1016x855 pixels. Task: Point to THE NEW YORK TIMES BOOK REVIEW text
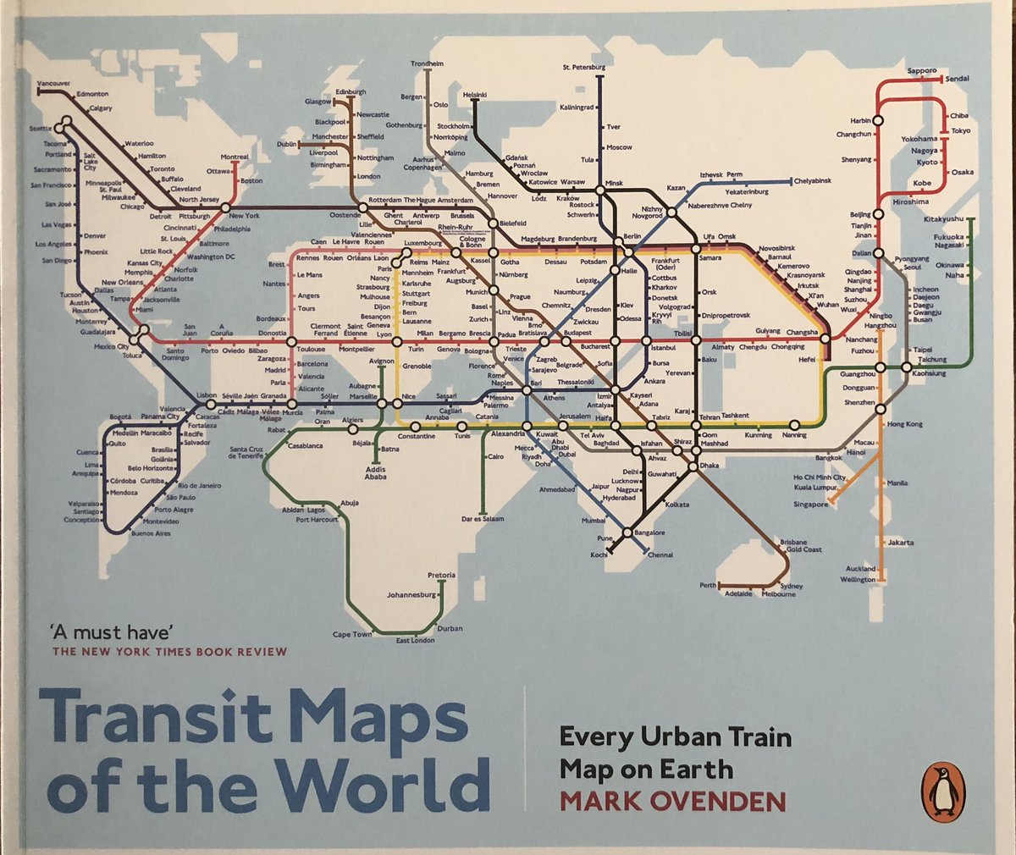point(169,652)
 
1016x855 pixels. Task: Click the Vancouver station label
point(54,83)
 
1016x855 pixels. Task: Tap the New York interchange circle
point(226,207)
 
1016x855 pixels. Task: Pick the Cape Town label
point(352,634)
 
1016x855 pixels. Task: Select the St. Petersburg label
point(584,67)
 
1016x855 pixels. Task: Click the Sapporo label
point(921,70)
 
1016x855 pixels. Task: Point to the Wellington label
point(858,580)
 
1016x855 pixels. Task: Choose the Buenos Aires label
point(151,533)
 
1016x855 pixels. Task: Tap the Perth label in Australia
point(708,585)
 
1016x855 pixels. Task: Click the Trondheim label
point(427,64)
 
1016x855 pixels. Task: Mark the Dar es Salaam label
point(483,518)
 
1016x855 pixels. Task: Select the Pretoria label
point(442,576)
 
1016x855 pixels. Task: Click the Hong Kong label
point(904,423)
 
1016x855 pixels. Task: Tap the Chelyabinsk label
point(813,181)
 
